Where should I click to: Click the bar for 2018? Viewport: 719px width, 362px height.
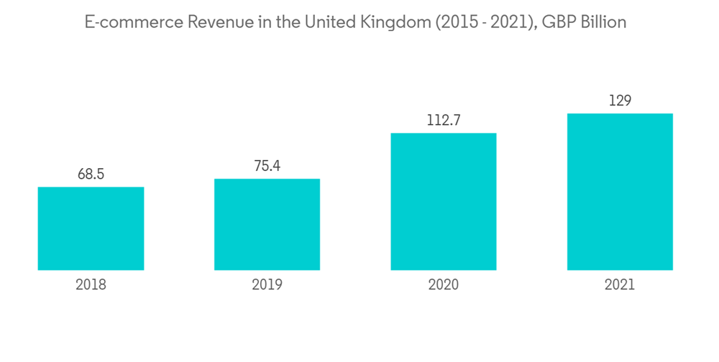[91, 228]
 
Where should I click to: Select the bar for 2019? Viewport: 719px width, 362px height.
[267, 224]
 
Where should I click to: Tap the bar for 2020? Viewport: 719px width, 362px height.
[443, 201]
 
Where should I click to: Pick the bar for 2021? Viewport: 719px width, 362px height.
[620, 192]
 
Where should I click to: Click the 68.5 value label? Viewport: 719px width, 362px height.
[91, 175]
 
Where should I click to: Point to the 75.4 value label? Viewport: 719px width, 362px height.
[267, 166]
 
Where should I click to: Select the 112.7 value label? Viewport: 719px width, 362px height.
[443, 120]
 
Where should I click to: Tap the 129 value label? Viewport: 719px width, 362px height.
[620, 101]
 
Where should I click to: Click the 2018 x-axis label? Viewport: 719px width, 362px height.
[91, 285]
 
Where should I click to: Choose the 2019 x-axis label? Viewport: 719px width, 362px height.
[267, 285]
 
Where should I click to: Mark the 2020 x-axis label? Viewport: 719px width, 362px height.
[443, 285]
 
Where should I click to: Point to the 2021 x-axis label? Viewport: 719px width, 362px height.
[620, 285]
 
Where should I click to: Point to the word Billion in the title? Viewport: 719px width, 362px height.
[603, 22]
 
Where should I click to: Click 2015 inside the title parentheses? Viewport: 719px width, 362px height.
[457, 22]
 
